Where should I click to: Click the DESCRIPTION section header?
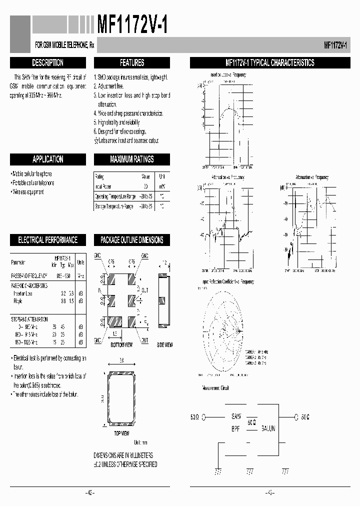point(47,63)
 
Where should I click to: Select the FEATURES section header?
point(132,63)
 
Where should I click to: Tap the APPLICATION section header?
point(47,159)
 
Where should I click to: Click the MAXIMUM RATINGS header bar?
point(132,159)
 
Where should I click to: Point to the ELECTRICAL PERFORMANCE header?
point(47,240)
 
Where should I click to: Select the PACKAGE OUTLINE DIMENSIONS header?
point(132,240)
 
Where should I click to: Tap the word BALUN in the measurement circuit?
point(265,428)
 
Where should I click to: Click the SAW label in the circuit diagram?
point(236,416)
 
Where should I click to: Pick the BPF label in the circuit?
point(236,428)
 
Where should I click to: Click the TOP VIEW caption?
point(122,433)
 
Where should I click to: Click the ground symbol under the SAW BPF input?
point(218,471)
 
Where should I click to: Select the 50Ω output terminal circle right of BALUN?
point(296,416)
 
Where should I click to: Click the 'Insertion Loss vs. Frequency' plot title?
point(228,74)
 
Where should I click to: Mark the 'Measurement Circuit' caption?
point(215,387)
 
